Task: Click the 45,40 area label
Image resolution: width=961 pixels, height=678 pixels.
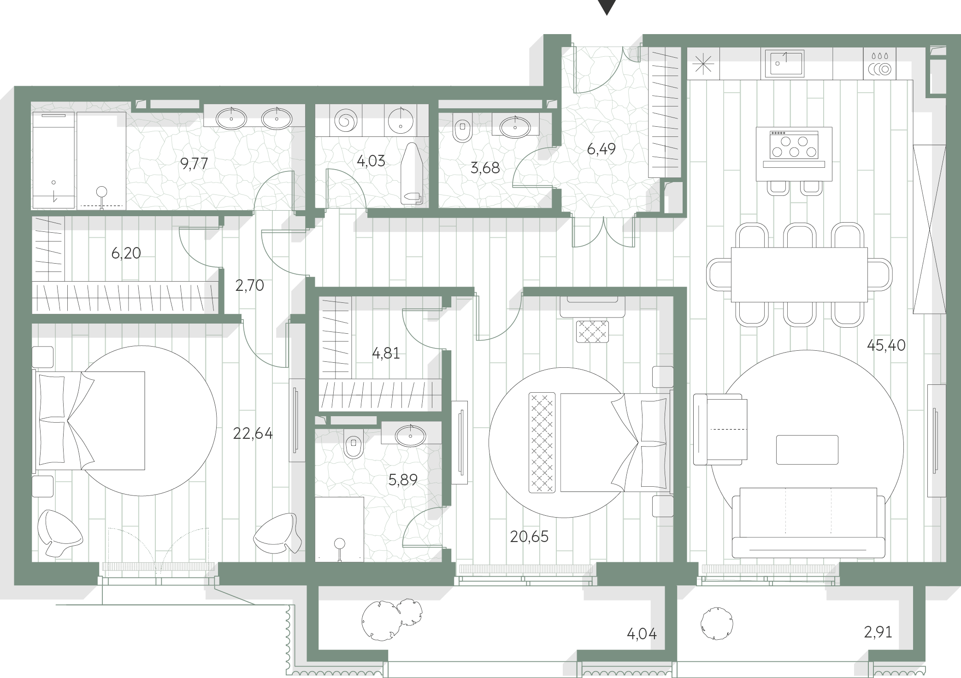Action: (x=886, y=345)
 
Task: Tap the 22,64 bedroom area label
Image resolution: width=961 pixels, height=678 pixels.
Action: (x=253, y=434)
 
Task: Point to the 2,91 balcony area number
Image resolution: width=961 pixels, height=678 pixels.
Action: (x=878, y=632)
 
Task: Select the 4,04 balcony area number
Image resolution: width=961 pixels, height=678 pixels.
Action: (x=642, y=634)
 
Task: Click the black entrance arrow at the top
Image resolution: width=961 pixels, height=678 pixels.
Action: (x=607, y=7)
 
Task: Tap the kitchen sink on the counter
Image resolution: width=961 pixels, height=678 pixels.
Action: (x=784, y=64)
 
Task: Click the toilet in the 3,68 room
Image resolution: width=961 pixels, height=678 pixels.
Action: (x=462, y=127)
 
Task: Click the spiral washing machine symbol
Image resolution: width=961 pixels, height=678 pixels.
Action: (x=345, y=121)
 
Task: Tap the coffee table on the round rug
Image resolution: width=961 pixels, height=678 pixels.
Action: (x=807, y=449)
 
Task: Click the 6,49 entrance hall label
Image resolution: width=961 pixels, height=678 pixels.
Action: (x=601, y=149)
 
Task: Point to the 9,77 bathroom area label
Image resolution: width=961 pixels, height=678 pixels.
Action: (x=194, y=164)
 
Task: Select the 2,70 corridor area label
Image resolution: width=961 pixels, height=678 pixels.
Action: (x=249, y=286)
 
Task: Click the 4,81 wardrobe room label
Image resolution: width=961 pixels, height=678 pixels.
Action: (x=386, y=354)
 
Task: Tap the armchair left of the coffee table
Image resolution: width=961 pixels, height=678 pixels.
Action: (x=720, y=430)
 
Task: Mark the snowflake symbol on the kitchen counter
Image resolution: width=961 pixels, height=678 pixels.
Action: (x=703, y=64)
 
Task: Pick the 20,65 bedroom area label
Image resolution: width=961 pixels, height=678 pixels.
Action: (x=529, y=537)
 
